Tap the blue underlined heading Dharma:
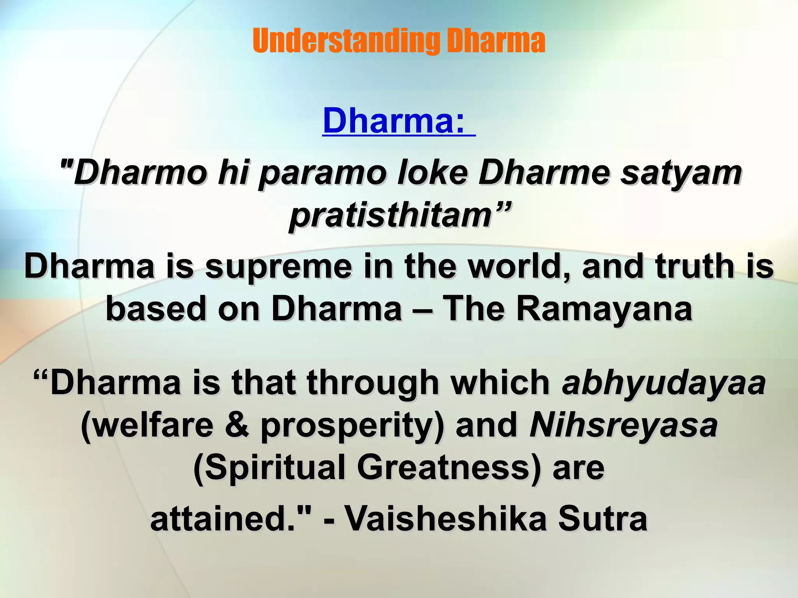click(394, 121)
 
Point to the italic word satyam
click(681, 173)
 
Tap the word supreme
click(278, 267)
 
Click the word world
click(518, 266)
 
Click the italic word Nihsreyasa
click(623, 425)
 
